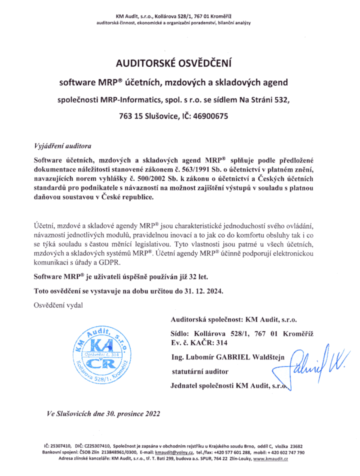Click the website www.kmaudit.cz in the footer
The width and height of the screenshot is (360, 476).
point(270,458)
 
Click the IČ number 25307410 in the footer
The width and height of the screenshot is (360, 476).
point(63,445)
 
